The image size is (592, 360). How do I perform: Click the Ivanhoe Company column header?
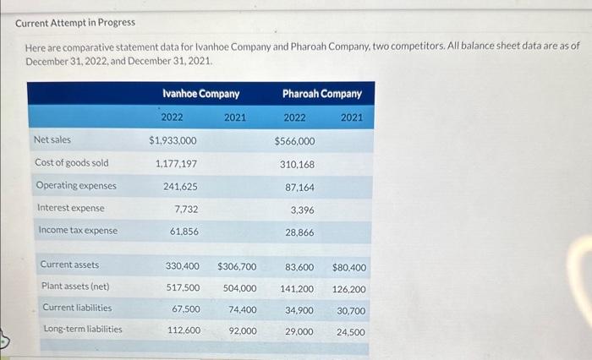(x=200, y=94)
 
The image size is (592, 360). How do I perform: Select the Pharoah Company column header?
(x=321, y=94)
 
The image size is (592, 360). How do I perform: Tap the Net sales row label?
(x=52, y=139)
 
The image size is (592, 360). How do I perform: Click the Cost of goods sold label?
(x=71, y=162)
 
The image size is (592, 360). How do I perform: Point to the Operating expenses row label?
(x=76, y=185)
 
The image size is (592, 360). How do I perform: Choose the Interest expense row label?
(x=70, y=208)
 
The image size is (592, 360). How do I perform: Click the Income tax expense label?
(x=78, y=231)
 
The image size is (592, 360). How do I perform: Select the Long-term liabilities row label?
(x=82, y=329)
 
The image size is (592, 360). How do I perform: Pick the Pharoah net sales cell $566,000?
(x=294, y=141)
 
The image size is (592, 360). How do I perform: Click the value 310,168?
(x=297, y=164)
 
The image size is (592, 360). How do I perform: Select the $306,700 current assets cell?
(x=237, y=267)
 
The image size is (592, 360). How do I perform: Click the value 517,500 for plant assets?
(x=183, y=288)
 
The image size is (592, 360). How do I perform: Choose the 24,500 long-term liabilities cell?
(x=350, y=332)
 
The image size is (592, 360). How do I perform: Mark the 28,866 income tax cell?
(x=299, y=232)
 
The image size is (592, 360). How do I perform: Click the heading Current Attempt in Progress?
(x=75, y=22)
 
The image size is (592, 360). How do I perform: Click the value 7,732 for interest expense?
(x=186, y=209)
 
